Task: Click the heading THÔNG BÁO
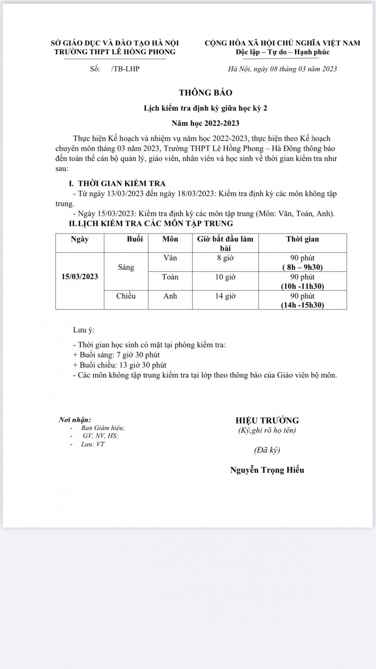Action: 206,93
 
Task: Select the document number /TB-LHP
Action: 125,69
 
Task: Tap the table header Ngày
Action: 80,239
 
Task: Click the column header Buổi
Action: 135,239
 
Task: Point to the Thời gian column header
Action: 302,239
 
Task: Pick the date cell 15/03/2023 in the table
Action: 80,276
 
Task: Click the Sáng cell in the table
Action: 126,267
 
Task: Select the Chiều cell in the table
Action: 126,296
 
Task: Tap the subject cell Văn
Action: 170,258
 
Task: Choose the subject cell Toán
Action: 170,277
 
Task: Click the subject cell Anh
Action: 170,296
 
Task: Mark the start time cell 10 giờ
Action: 225,277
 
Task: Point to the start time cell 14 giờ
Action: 225,296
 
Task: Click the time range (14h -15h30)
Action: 302,305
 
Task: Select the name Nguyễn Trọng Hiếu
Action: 267,470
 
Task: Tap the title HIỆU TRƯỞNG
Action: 267,420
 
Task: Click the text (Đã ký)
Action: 267,450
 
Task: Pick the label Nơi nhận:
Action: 75,420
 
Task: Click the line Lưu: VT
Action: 93,444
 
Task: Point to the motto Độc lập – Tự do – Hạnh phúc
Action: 282,52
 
